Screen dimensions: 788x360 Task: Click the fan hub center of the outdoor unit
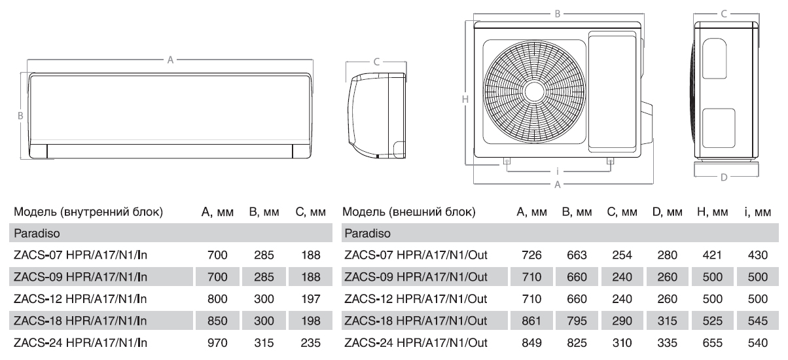point(534,92)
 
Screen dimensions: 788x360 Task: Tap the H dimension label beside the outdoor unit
point(465,99)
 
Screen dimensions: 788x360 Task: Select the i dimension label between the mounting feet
point(558,171)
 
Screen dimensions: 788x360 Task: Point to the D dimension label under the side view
point(724,177)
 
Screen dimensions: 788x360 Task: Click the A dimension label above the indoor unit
point(170,60)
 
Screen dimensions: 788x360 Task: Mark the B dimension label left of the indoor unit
point(20,116)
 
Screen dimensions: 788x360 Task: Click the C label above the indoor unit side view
point(376,62)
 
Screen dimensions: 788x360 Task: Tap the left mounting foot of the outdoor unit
point(507,161)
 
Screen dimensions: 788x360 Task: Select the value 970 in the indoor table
point(217,343)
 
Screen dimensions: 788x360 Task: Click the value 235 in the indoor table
point(311,343)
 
